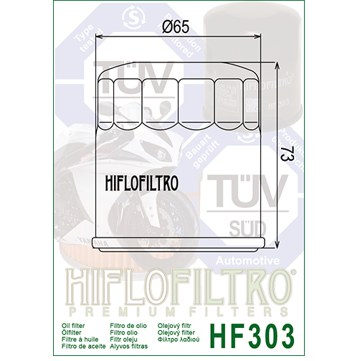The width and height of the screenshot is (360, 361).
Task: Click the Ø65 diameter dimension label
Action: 175,27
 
